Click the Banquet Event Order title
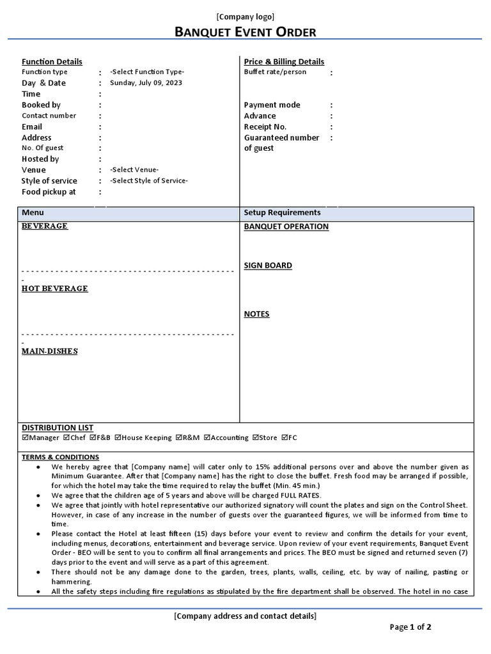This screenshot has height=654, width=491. pyautogui.click(x=245, y=32)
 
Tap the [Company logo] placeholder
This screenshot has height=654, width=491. pyautogui.click(x=245, y=17)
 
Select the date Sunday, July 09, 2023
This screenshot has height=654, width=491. pyautogui.click(x=146, y=83)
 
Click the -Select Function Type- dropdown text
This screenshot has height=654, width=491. pyautogui.click(x=147, y=72)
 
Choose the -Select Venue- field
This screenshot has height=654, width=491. pyautogui.click(x=134, y=170)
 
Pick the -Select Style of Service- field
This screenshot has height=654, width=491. pyautogui.click(x=149, y=181)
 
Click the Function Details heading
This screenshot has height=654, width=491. pyautogui.click(x=52, y=62)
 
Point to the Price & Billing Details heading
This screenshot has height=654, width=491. pyautogui.click(x=284, y=62)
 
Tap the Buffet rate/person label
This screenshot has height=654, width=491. pyautogui.click(x=275, y=72)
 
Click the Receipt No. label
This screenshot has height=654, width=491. pyautogui.click(x=265, y=126)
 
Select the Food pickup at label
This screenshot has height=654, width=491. pyautogui.click(x=49, y=192)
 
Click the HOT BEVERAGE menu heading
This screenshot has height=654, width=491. pyautogui.click(x=55, y=289)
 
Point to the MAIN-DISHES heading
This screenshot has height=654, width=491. pyautogui.click(x=50, y=351)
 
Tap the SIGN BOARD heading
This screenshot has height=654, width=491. pyautogui.click(x=268, y=266)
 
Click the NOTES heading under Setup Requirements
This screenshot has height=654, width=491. pyautogui.click(x=257, y=314)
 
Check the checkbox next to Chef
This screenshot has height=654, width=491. pyautogui.click(x=65, y=438)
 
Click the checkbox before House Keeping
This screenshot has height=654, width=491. pyautogui.click(x=118, y=438)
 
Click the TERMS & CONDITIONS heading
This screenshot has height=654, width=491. pyautogui.click(x=61, y=457)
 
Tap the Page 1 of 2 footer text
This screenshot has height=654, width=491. pyautogui.click(x=410, y=627)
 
